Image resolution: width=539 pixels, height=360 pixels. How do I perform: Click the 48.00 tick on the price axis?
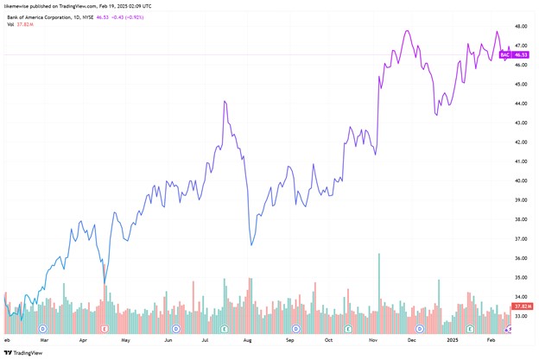521,26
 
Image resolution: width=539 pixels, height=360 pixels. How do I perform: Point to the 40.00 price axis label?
521,180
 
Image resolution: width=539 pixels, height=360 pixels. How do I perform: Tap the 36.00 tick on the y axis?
521,258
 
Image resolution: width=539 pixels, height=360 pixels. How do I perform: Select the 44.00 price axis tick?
521,104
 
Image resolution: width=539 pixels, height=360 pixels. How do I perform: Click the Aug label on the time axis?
248,341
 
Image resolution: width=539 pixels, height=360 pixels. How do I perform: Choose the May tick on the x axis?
126,341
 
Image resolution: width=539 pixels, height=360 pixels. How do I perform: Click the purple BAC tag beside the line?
506,55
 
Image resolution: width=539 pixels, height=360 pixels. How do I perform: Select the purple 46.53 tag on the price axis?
521,55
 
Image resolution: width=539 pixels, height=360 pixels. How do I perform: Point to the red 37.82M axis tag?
521,306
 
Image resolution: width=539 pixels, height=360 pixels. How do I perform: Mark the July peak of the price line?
225,101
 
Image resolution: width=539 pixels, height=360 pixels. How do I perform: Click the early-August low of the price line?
250,244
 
